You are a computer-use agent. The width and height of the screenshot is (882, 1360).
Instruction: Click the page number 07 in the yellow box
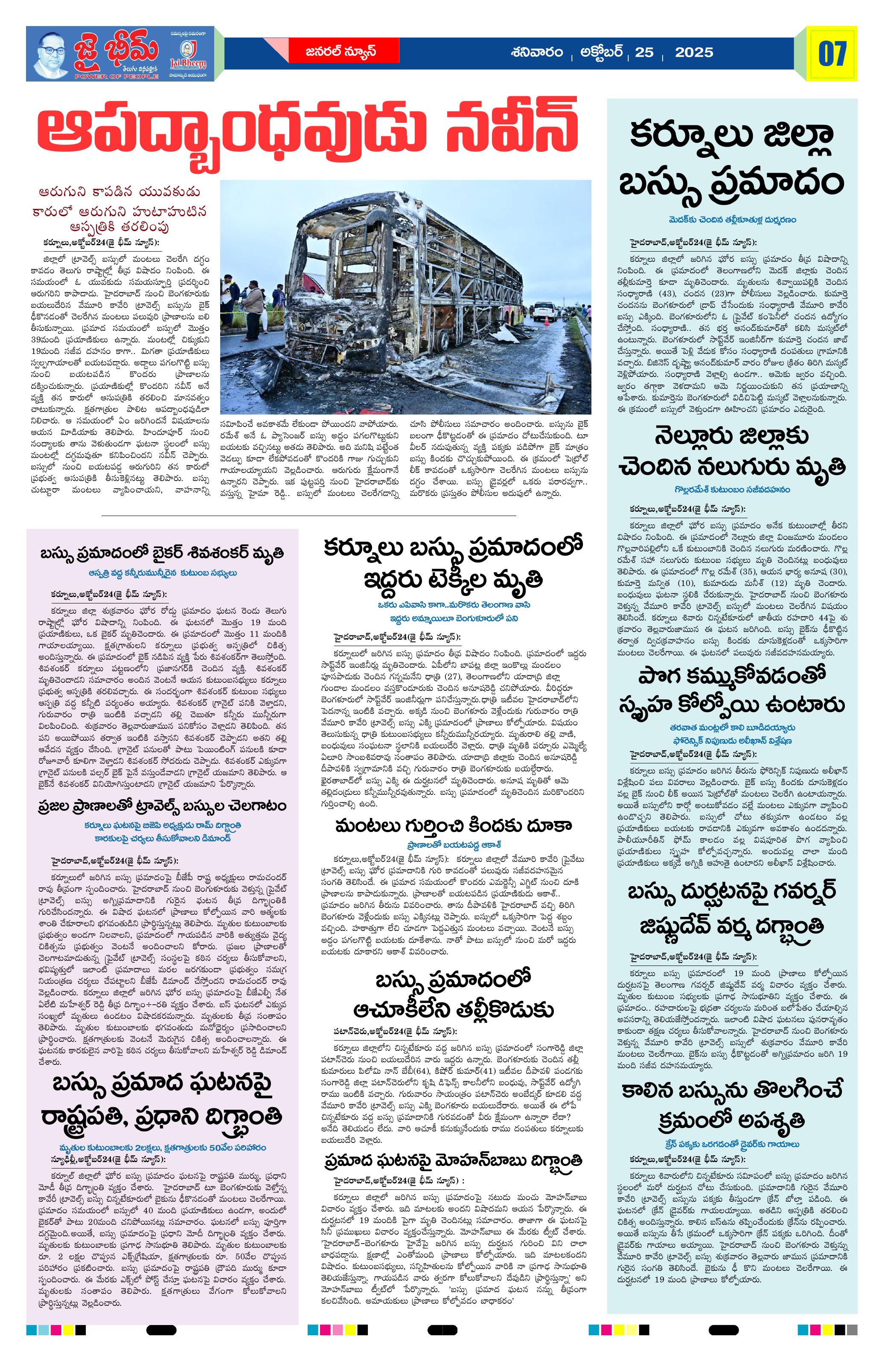832,54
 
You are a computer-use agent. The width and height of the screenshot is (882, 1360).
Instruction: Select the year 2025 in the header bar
694,52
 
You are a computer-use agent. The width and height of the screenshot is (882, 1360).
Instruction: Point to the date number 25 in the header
644,52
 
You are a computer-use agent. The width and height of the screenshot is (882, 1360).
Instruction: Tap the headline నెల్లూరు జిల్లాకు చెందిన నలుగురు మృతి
732,452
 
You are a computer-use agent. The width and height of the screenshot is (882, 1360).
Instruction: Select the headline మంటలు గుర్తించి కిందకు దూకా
453,826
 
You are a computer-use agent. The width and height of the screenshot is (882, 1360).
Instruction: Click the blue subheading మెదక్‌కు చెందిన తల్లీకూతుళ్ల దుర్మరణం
732,220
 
